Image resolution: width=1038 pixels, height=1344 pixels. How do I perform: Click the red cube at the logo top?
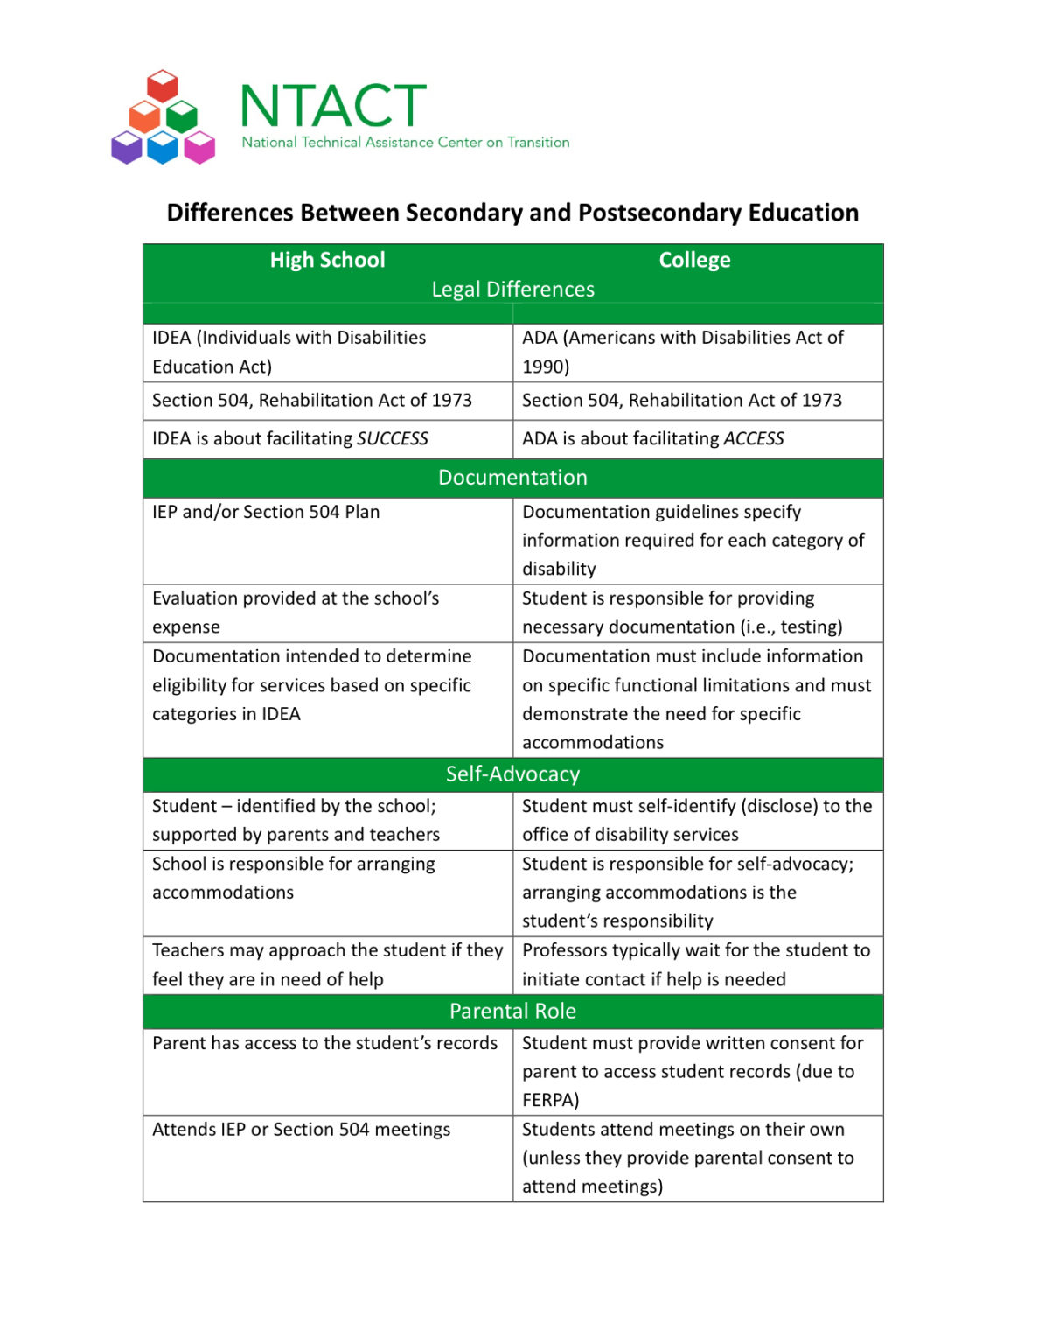(x=163, y=86)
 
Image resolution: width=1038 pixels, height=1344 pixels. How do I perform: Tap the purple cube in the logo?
(x=127, y=147)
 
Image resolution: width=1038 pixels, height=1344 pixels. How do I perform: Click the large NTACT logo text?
(x=333, y=106)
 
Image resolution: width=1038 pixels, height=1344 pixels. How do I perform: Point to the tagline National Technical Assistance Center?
(x=405, y=143)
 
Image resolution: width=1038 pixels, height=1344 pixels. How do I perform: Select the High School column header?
(x=327, y=260)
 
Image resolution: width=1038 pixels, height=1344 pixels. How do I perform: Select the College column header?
(x=694, y=260)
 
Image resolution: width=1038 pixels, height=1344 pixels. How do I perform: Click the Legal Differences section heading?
(x=512, y=290)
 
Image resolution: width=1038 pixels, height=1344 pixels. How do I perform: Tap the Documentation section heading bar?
(x=512, y=478)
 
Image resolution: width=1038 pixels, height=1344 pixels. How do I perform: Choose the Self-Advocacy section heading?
(x=512, y=774)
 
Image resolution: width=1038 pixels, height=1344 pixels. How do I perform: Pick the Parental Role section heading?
(x=512, y=1011)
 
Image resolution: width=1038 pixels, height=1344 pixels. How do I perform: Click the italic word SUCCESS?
(x=393, y=439)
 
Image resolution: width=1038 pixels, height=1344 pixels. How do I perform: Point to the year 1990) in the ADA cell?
(x=546, y=367)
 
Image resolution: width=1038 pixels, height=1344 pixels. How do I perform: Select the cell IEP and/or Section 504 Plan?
(x=266, y=513)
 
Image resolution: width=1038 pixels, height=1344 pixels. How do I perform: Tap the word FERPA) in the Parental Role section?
(x=550, y=1101)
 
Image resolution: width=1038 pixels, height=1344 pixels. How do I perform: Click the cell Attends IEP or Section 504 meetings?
(x=301, y=1130)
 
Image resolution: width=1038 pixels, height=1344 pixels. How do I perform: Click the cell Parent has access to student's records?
(x=324, y=1044)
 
